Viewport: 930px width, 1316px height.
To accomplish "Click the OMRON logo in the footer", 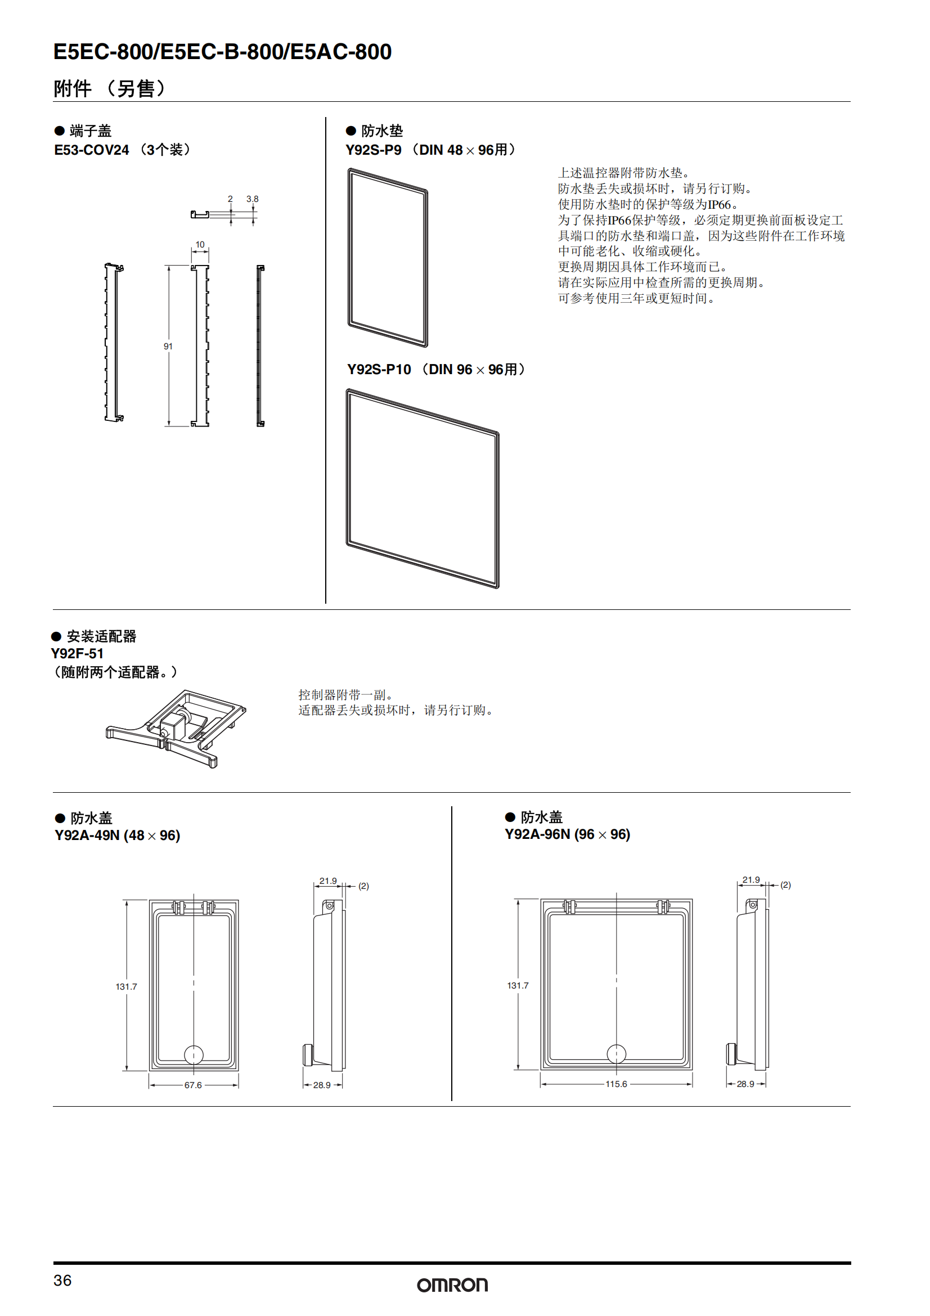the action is coord(452,1285).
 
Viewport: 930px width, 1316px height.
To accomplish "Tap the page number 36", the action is coord(62,1281).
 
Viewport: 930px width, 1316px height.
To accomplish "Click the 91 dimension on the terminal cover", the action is coord(168,346).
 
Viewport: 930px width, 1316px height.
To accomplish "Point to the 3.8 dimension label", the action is coord(252,199).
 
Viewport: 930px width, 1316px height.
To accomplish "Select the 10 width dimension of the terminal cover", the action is coord(200,245).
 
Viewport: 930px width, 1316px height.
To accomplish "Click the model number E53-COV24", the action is coord(92,150).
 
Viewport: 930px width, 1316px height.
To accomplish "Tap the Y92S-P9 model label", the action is coord(374,150).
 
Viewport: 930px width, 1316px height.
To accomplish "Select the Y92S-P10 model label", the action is coord(379,370).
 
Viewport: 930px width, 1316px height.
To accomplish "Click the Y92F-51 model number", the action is coord(77,653).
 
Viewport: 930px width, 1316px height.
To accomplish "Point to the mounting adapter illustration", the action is coord(176,728).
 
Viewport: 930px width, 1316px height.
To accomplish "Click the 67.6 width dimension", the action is coord(193,1085).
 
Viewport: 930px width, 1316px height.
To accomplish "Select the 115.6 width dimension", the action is coord(616,1084).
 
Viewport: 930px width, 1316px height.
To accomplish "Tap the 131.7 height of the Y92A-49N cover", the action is coord(126,986).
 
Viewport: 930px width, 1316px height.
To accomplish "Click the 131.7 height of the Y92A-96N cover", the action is coord(518,985).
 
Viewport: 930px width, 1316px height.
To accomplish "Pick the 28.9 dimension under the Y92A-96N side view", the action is coord(745,1084).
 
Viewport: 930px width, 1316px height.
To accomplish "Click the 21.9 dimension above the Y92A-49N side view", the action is coord(328,881).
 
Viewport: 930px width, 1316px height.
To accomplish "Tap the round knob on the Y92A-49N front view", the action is coord(194,1054).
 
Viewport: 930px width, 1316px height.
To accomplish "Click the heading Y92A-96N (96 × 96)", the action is coord(567,834).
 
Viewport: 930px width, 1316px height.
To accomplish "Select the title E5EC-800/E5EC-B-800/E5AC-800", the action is coord(222,52).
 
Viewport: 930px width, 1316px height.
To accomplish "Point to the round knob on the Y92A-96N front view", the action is coord(617,1053).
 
